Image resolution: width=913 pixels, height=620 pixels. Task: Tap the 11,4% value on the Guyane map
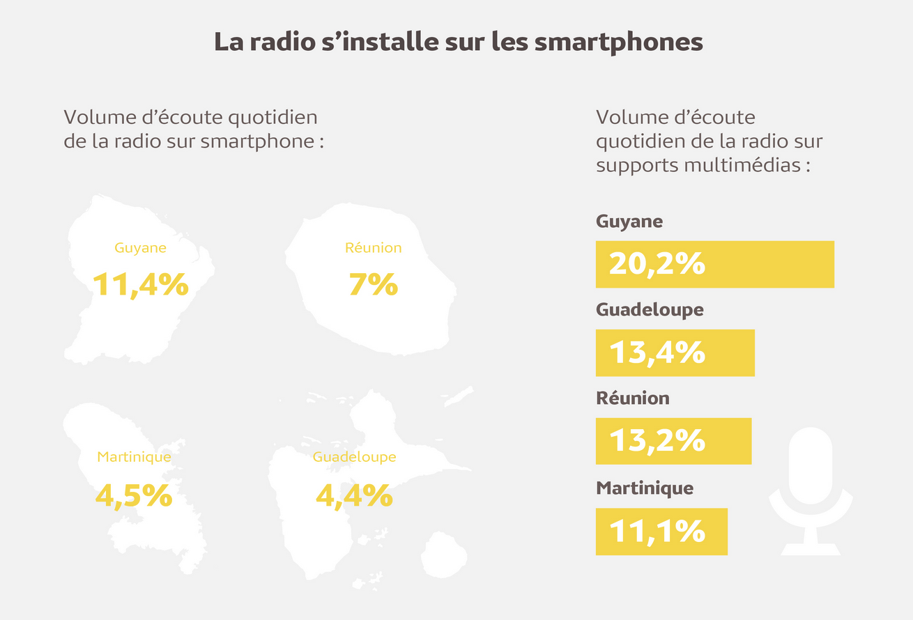(x=141, y=284)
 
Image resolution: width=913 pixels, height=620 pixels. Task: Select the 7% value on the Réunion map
(x=373, y=284)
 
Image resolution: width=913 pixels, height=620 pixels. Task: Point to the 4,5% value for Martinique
(x=134, y=495)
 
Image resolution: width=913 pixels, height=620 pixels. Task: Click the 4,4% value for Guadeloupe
(x=354, y=495)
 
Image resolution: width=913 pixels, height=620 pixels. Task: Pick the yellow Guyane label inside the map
(x=140, y=248)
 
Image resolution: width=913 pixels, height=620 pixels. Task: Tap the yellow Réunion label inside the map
(x=373, y=248)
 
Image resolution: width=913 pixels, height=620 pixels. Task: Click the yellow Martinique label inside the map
(x=134, y=458)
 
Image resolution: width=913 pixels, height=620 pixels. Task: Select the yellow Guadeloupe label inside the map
(x=354, y=458)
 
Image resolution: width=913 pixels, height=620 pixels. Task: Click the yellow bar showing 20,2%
(x=714, y=264)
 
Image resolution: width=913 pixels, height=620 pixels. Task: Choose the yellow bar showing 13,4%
(x=675, y=352)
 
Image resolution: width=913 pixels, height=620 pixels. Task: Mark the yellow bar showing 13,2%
(x=673, y=441)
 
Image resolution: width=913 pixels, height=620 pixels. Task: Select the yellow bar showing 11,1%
(x=661, y=532)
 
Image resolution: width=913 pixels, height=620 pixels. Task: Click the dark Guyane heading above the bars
(x=629, y=222)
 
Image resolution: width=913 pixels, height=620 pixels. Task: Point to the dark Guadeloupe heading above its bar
(x=650, y=310)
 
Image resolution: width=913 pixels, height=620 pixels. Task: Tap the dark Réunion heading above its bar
(x=632, y=398)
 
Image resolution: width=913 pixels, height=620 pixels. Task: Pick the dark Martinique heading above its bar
(x=645, y=488)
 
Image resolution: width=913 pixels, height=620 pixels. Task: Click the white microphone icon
(x=811, y=488)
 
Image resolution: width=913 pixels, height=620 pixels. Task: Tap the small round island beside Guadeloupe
(x=443, y=555)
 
